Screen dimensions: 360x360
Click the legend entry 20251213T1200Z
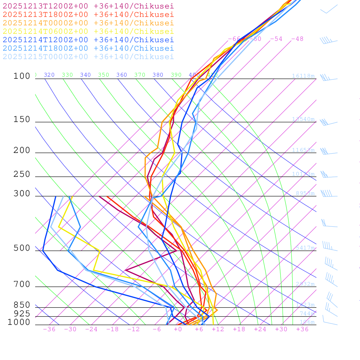pyautogui.click(x=88, y=6)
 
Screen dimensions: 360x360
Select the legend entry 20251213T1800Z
pyautogui.click(x=88, y=14)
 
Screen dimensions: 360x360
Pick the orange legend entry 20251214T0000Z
pyautogui.click(x=88, y=23)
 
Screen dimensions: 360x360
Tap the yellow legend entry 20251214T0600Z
pyautogui.click(x=88, y=31)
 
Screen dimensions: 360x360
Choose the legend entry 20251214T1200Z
pyautogui.click(x=88, y=40)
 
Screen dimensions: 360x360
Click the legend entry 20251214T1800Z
pyautogui.click(x=88, y=48)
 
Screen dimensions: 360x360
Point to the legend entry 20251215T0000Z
pyautogui.click(x=88, y=57)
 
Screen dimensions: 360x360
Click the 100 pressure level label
pyautogui.click(x=22, y=76)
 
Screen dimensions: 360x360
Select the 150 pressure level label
pyautogui.click(x=22, y=120)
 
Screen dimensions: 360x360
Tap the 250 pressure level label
pyautogui.click(x=22, y=174)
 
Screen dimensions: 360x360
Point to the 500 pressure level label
pyautogui.click(x=22, y=248)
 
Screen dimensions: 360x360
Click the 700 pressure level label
pyautogui.click(x=22, y=284)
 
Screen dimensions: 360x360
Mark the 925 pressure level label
pyautogui.click(x=22, y=314)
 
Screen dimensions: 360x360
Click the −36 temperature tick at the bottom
pyautogui.click(x=49, y=329)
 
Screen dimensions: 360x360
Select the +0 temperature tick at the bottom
pyautogui.click(x=178, y=329)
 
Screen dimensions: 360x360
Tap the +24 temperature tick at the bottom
pyautogui.click(x=260, y=329)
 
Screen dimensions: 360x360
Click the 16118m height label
pyautogui.click(x=303, y=76)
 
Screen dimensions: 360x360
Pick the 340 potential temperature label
pyautogui.click(x=85, y=75)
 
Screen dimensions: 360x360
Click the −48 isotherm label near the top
pyautogui.click(x=297, y=39)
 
